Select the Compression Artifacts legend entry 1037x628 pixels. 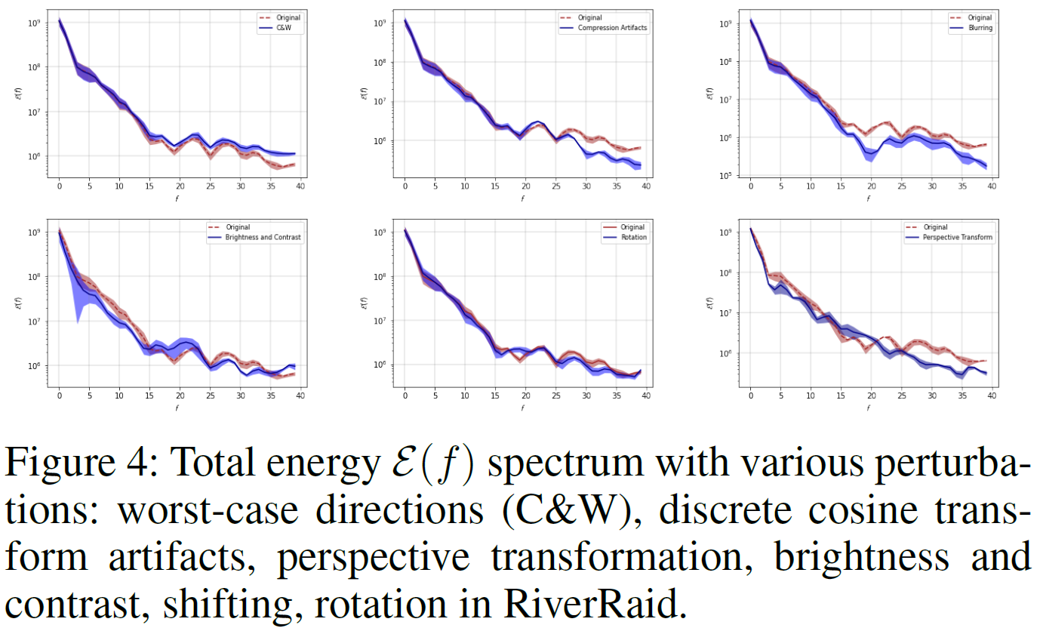pos(612,28)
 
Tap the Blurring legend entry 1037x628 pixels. pos(981,28)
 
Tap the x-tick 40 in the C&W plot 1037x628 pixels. pos(300,186)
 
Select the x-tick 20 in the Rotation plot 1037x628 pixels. pos(525,395)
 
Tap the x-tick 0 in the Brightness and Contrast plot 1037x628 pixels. pos(59,395)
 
